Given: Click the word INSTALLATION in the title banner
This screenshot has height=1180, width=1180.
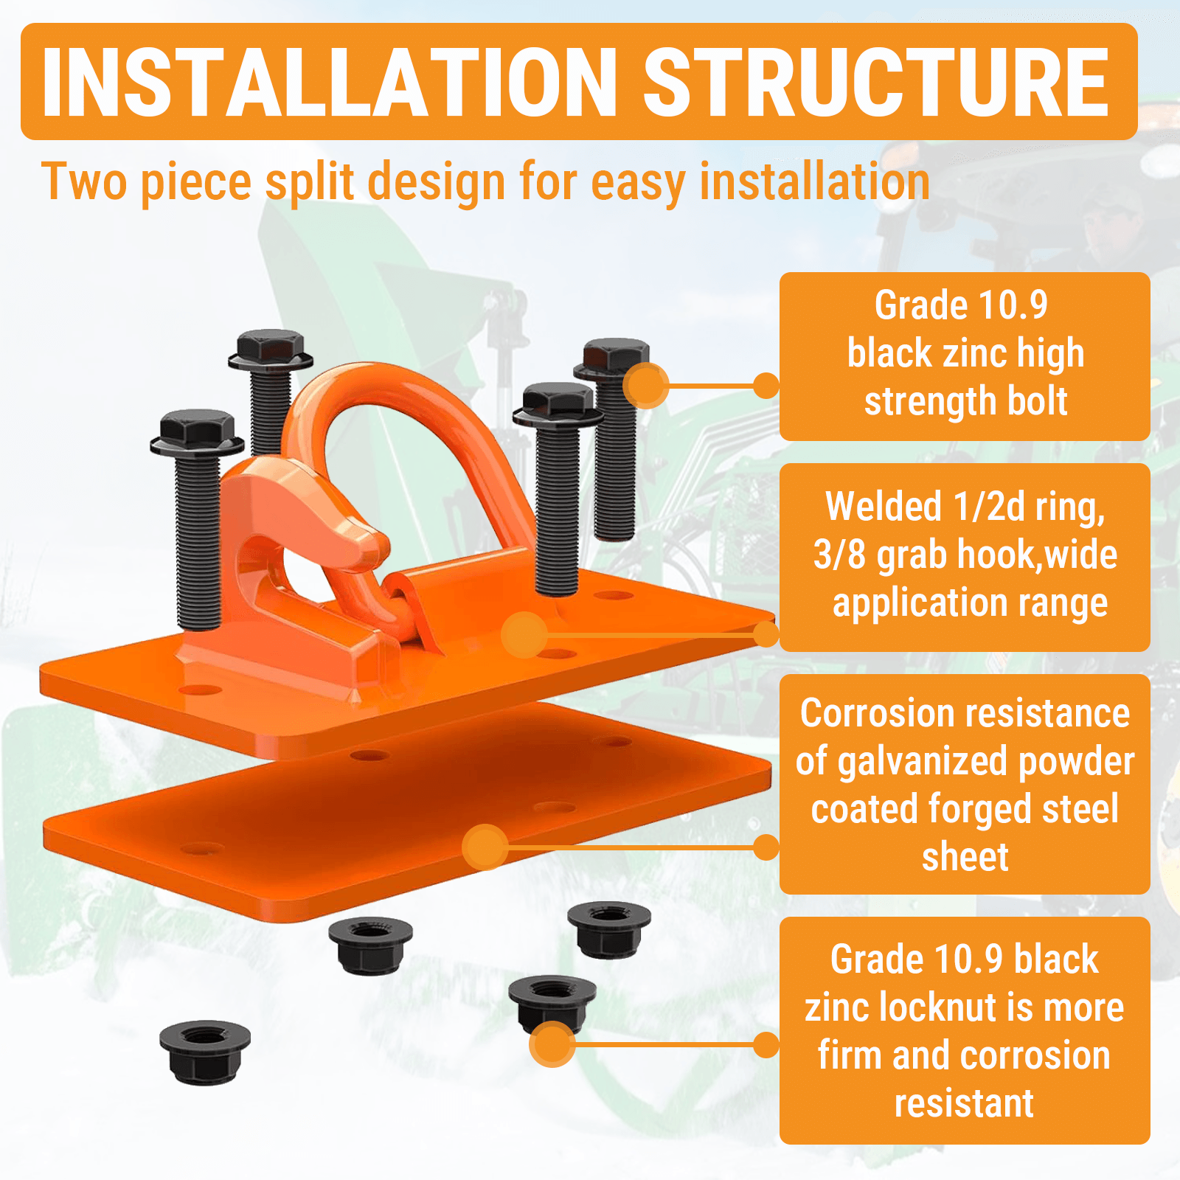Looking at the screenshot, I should coord(329,83).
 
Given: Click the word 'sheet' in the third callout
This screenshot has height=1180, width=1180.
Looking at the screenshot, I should coord(965,857).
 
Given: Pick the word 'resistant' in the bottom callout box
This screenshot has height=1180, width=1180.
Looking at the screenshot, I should coord(964,1103).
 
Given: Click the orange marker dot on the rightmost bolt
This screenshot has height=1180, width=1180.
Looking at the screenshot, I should coord(646,385).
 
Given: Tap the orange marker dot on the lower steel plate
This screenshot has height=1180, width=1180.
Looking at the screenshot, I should coord(485,847).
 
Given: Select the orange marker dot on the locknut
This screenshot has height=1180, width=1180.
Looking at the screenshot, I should coord(552,1044).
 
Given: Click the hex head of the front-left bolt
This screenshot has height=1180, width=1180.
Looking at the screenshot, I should coord(197,428).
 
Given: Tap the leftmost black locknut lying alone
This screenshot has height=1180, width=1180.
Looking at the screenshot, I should coord(204,1051).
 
